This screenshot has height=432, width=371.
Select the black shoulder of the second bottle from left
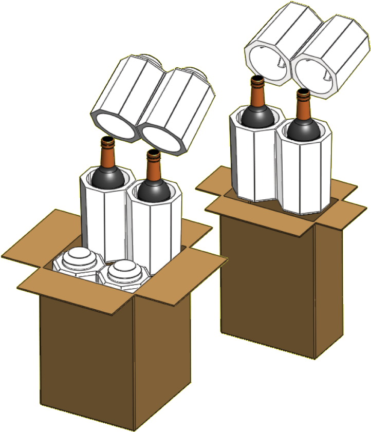click(x=152, y=189)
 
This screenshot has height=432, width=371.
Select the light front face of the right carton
click(x=267, y=283)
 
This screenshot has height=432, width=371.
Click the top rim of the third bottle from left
click(x=257, y=80)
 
